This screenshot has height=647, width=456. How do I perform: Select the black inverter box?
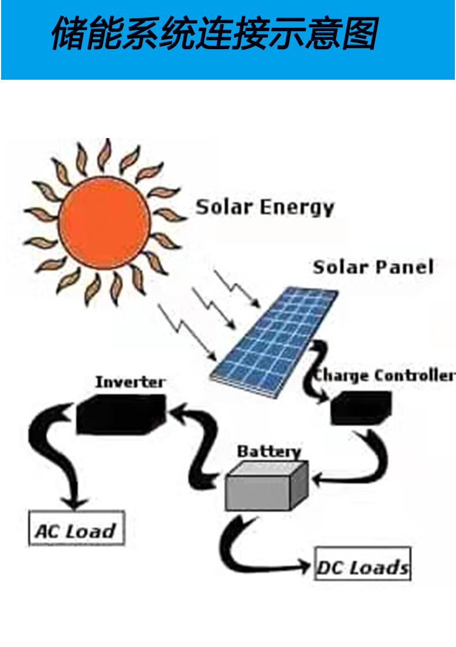click(121, 412)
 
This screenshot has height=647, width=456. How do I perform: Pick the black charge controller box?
click(360, 407)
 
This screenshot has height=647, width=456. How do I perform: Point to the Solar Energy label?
click(265, 207)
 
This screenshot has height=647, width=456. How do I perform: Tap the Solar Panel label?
click(373, 267)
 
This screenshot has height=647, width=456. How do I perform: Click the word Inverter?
click(130, 382)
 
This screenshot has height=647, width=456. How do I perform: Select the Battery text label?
click(269, 451)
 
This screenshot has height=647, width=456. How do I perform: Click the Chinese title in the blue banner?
click(214, 34)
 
